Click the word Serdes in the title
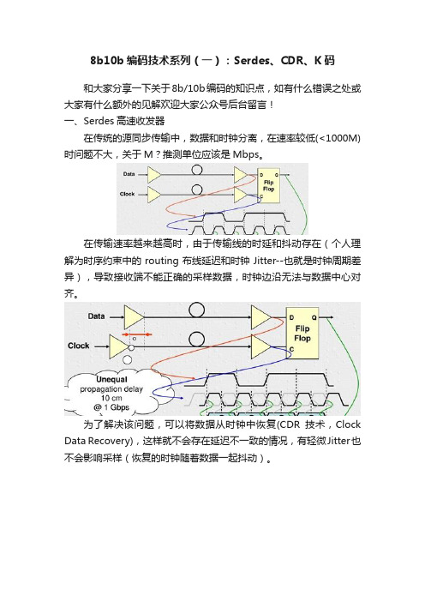251,61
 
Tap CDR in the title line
292,61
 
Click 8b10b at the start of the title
106,61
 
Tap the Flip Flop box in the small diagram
268,186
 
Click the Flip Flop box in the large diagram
302,334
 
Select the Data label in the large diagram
96,316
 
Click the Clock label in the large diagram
79,346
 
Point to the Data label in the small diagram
129,174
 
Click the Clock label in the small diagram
128,194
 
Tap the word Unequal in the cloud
111,379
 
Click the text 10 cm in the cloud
111,398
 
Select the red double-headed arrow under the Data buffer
137,334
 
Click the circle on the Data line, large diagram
197,310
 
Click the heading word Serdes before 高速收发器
99,121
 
